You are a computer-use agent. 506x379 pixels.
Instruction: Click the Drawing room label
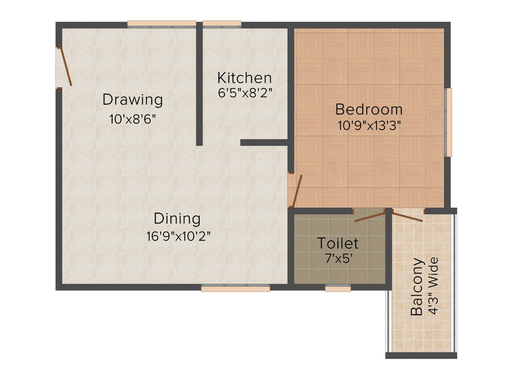click(132, 100)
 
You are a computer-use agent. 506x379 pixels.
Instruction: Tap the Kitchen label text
click(245, 78)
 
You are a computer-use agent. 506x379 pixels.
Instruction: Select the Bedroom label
click(369, 109)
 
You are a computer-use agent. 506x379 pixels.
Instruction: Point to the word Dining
click(177, 219)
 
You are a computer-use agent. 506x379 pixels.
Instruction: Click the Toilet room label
click(338, 243)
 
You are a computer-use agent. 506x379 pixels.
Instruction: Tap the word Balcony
click(417, 287)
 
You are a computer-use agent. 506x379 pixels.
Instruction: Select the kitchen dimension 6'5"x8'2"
click(245, 92)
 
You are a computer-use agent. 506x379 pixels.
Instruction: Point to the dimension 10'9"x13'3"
click(369, 125)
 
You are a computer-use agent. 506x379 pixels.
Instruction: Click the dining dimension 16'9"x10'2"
click(178, 236)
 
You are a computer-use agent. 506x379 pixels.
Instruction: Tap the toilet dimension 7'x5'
click(338, 258)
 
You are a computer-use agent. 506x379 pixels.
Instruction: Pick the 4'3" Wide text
click(433, 287)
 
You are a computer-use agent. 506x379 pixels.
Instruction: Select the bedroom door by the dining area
click(295, 190)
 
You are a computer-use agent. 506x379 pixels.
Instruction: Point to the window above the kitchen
click(222, 23)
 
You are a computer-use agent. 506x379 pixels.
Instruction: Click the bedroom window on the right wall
click(449, 122)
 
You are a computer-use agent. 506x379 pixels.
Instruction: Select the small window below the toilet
click(338, 289)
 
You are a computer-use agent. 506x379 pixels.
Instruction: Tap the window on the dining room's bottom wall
click(236, 289)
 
